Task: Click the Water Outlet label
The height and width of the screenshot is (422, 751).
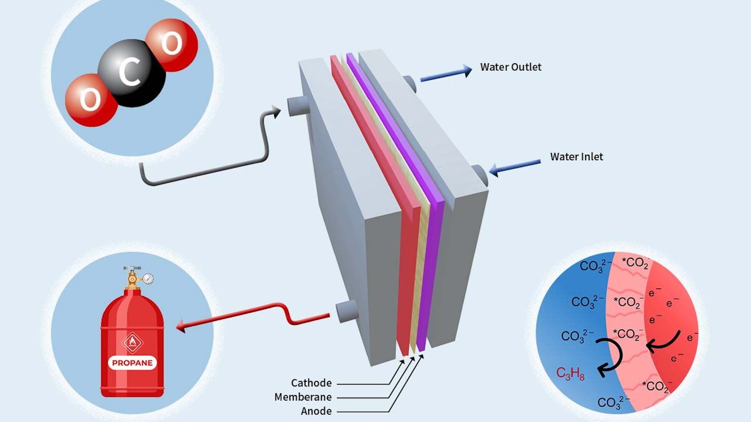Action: (x=510, y=67)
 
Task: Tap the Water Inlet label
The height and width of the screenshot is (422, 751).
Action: (x=576, y=157)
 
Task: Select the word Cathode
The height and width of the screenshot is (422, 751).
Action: (x=311, y=383)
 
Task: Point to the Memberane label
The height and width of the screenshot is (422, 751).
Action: (x=303, y=397)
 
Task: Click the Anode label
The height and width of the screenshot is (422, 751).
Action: (x=316, y=411)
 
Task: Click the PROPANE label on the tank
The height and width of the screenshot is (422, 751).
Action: (x=132, y=363)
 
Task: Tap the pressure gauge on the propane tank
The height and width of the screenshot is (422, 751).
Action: (x=148, y=279)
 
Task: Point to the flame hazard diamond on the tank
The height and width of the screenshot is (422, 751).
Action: (x=132, y=342)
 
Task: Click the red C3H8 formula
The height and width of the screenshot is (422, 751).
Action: (x=570, y=374)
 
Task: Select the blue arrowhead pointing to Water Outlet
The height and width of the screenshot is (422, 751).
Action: (x=467, y=71)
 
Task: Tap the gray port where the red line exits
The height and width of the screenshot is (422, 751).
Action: (x=346, y=311)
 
